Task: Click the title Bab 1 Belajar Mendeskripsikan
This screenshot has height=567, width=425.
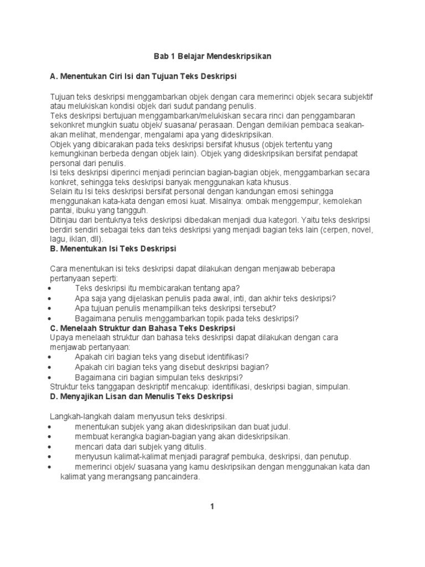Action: (212, 56)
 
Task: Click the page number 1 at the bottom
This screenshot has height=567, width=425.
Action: (212, 506)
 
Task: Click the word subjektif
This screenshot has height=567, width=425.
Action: (356, 97)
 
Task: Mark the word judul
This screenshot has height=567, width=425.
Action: (277, 426)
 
